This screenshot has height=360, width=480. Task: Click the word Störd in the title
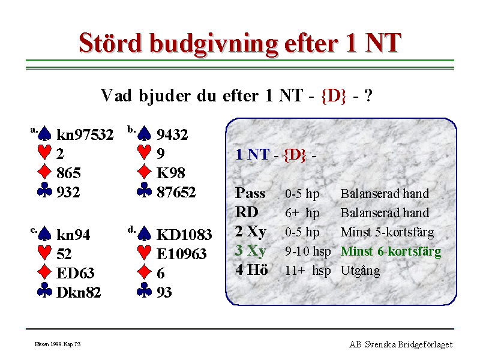(110, 43)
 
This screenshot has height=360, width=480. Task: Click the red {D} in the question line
(334, 95)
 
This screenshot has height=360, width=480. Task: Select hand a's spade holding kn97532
(85, 134)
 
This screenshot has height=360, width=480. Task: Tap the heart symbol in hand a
(44, 152)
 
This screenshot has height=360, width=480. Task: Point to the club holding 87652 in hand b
(176, 192)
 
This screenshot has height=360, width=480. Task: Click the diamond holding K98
(171, 173)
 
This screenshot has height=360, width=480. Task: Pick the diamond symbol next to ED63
(44, 272)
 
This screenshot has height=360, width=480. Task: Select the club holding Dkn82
(79, 292)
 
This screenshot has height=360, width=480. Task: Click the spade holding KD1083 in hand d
(184, 235)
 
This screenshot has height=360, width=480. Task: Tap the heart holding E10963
(182, 254)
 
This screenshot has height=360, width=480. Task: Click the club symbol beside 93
(145, 290)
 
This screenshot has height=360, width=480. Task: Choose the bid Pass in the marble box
(250, 193)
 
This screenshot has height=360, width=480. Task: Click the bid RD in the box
(247, 212)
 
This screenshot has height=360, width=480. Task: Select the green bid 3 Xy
(250, 251)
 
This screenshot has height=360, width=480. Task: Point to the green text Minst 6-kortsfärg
(391, 251)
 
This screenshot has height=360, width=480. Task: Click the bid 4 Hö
(251, 270)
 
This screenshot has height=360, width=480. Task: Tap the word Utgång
(361, 271)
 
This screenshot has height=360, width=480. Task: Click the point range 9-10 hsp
(308, 251)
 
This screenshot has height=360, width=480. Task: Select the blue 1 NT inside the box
(252, 155)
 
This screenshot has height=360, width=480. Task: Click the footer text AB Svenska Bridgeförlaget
(401, 344)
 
